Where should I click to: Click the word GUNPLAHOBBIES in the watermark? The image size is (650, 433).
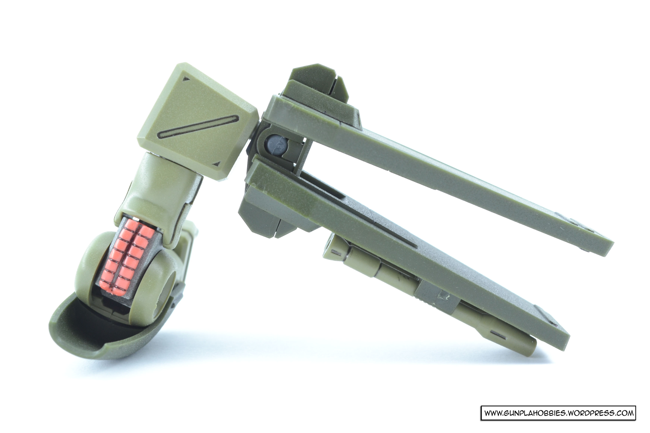pos(534,413)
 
